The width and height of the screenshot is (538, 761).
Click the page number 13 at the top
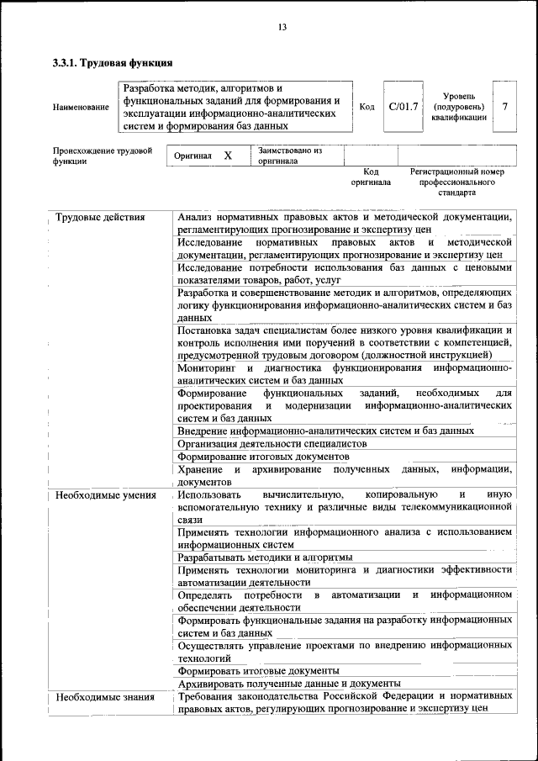(282, 28)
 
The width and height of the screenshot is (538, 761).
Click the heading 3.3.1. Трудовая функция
(113, 62)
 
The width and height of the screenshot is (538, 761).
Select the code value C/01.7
(403, 107)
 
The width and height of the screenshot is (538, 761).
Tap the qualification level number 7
(504, 107)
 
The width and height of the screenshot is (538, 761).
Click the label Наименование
(81, 108)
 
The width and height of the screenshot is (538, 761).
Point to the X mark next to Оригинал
(227, 156)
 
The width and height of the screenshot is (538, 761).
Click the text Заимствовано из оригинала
(290, 156)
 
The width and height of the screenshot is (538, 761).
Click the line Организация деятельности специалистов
(272, 443)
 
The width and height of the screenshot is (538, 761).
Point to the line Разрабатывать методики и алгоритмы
(265, 558)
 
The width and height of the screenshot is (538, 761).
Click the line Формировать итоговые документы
(259, 671)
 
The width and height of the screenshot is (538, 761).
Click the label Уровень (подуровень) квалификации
(459, 107)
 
